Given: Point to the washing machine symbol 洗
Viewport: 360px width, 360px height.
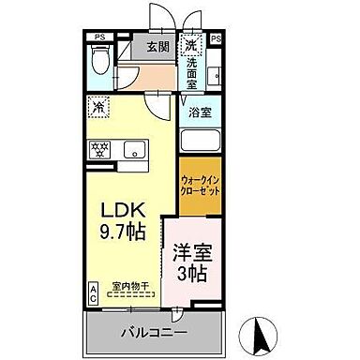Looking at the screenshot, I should tap(190, 44).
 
